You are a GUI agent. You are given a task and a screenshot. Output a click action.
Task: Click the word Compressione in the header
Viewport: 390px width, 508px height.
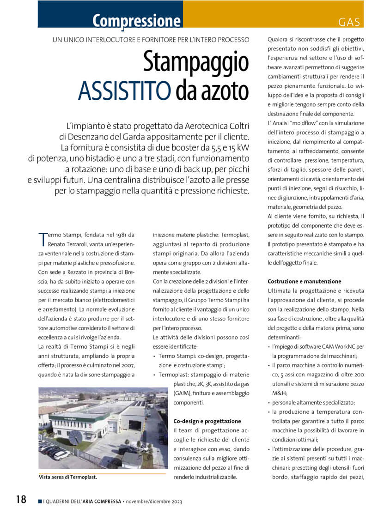tap(136, 21)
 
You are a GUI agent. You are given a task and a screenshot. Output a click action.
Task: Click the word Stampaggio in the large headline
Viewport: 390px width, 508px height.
tap(195, 62)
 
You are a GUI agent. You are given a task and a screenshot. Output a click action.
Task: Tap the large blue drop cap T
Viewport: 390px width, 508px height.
tap(43, 238)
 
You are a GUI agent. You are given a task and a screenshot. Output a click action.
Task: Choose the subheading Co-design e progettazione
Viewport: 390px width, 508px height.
tap(207, 421)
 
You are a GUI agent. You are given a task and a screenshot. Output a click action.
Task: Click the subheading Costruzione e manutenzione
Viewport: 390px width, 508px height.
tap(305, 281)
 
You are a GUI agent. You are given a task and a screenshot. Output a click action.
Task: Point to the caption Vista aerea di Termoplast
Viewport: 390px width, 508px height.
tap(68, 478)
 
